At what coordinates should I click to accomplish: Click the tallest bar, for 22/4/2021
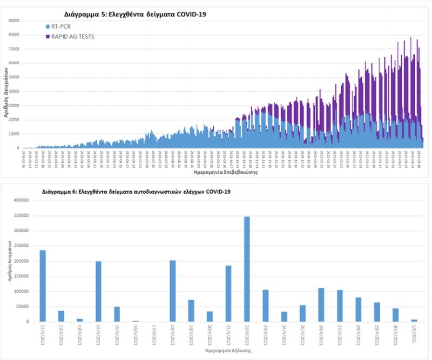tap(247, 269)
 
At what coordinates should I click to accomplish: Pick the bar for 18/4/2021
tap(173, 291)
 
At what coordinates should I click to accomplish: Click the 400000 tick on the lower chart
tap(20, 200)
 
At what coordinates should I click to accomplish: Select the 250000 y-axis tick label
tap(20, 246)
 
